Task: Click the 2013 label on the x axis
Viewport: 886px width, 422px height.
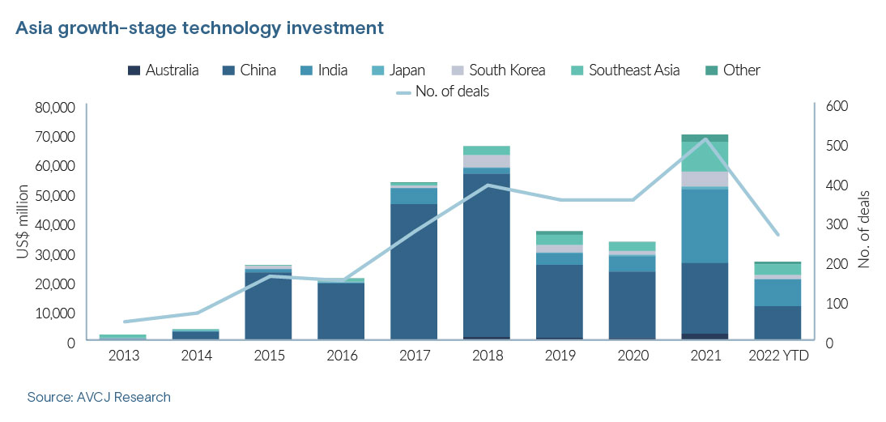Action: click(123, 355)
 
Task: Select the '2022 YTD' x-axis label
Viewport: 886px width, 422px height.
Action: click(779, 355)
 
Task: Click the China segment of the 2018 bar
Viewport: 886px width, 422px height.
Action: click(487, 255)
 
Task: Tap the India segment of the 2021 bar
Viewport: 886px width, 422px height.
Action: click(705, 226)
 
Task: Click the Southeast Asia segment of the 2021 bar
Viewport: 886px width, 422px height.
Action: click(705, 156)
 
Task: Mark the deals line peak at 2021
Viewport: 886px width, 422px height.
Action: click(705, 139)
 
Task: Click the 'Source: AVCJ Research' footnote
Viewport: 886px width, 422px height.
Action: click(99, 398)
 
